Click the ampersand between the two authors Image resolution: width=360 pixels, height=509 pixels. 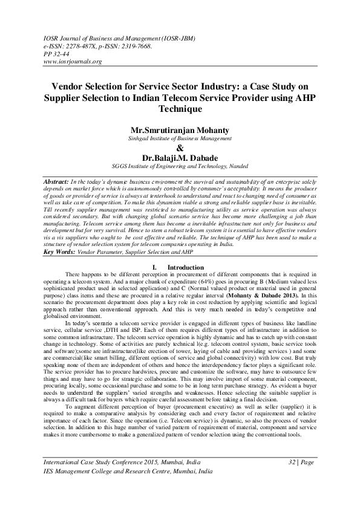coord(179,149)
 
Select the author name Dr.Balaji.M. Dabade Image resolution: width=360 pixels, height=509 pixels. coord(179,159)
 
